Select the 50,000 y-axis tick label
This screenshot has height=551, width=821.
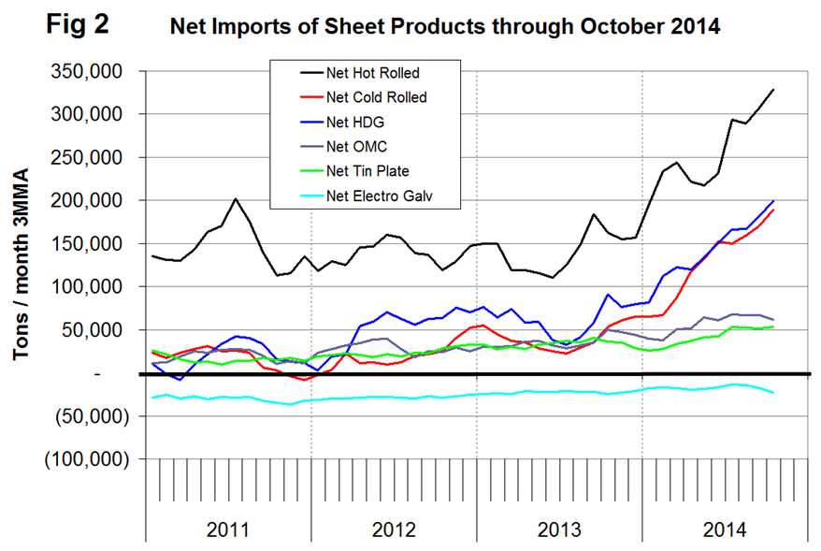pos(103,330)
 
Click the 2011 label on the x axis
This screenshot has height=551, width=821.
pos(227,529)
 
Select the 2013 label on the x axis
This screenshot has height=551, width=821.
pos(558,529)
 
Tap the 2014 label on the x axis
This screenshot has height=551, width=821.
pos(723,529)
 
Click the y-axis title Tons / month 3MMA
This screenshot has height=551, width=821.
pos(22,265)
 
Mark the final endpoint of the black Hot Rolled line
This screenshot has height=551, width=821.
pos(773,90)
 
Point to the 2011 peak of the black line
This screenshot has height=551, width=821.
pos(236,198)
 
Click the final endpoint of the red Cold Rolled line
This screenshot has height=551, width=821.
pos(773,210)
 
